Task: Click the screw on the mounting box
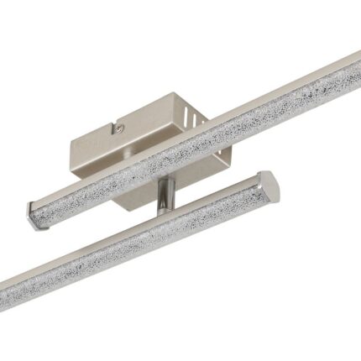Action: point(120,128)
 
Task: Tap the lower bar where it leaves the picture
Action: point(4,296)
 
